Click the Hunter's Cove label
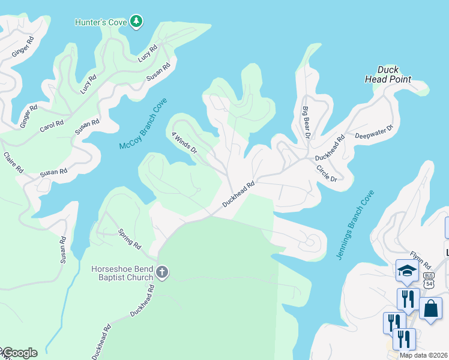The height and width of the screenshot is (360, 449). pyautogui.click(x=100, y=22)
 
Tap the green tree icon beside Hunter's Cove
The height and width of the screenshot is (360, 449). pyautogui.click(x=137, y=22)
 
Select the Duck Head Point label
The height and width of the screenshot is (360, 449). pyautogui.click(x=388, y=74)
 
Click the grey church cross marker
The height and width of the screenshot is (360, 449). pyautogui.click(x=161, y=273)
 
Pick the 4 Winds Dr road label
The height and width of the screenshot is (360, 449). pyautogui.click(x=184, y=143)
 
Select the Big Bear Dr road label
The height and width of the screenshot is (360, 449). pyautogui.click(x=306, y=122)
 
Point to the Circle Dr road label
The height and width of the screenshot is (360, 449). pyautogui.click(x=327, y=172)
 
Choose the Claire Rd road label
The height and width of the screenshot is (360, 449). pyautogui.click(x=13, y=162)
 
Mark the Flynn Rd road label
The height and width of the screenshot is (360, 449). pyautogui.click(x=421, y=260)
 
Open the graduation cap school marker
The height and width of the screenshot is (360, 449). pyautogui.click(x=407, y=271)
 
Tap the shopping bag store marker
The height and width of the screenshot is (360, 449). pyautogui.click(x=430, y=308)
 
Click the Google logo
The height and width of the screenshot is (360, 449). pyautogui.click(x=19, y=353)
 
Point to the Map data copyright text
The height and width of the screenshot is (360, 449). pyautogui.click(x=424, y=355)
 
